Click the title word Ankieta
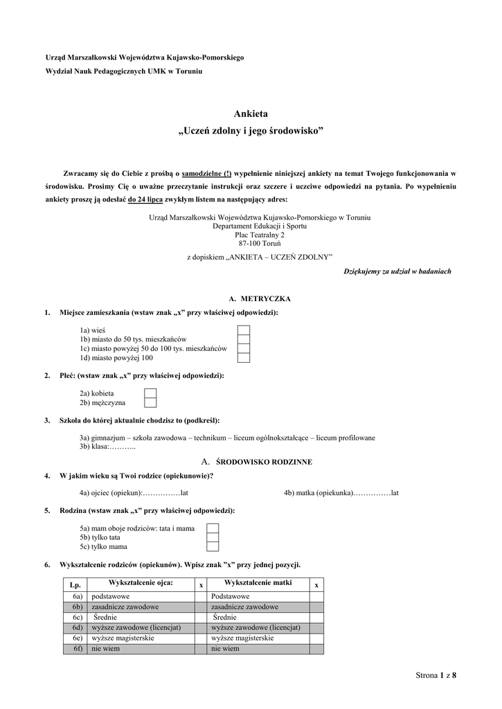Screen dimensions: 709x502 [251, 114]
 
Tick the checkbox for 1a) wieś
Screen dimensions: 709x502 [243, 330]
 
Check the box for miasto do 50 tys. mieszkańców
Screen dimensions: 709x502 [243, 339]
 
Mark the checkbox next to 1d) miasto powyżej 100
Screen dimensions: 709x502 [243, 358]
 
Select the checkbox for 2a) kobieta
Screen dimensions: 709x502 [150, 393]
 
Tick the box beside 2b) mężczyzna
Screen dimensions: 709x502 [150, 402]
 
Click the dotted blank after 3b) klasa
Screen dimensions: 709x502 [123, 447]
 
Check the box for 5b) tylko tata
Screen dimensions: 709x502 [213, 537]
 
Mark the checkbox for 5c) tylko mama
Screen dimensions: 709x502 [213, 546]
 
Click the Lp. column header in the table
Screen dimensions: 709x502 [75, 585]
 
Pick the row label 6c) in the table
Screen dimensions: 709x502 [76, 618]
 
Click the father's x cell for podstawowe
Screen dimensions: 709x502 [201, 596]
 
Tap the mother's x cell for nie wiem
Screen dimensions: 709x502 [316, 649]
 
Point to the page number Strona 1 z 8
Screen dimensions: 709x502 [436, 675]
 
